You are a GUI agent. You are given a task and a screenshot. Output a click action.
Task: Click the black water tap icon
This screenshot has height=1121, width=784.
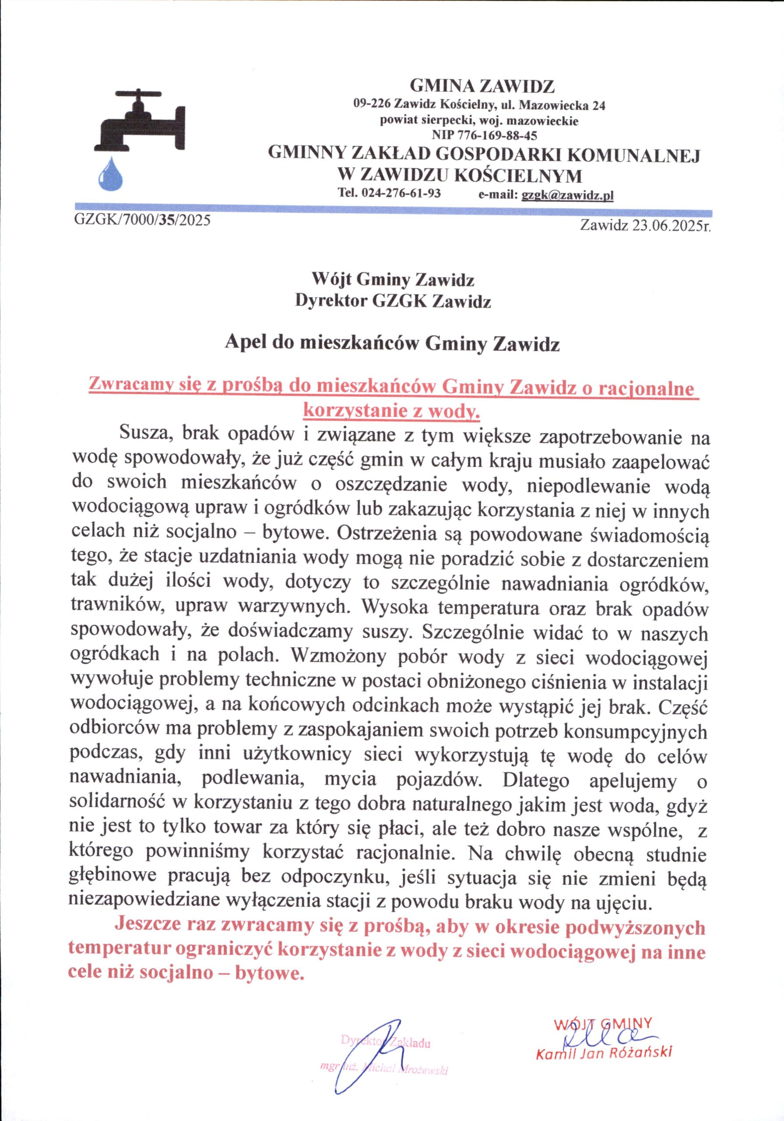point(139,122)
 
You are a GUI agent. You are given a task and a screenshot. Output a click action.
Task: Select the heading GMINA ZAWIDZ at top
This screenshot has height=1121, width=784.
point(482,86)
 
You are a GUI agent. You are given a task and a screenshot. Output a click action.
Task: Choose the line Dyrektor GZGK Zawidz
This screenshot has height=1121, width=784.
point(393,302)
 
